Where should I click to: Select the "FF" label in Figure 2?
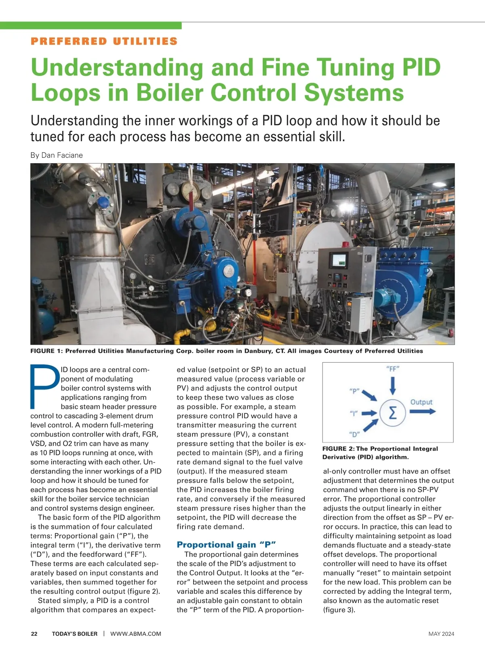tap(393, 369)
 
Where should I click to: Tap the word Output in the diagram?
tap(421, 402)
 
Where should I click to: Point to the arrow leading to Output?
tap(422, 411)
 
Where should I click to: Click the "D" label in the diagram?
tap(354, 434)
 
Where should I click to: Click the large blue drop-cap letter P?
tap(44, 386)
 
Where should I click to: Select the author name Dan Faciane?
tap(62, 155)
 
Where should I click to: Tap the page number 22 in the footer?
tap(34, 634)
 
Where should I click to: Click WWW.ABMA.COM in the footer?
tap(136, 634)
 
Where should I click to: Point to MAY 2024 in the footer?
tap(441, 634)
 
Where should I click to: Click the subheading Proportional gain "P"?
tap(226, 545)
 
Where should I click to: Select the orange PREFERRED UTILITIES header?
tap(104, 41)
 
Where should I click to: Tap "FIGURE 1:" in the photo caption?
tap(46, 351)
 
